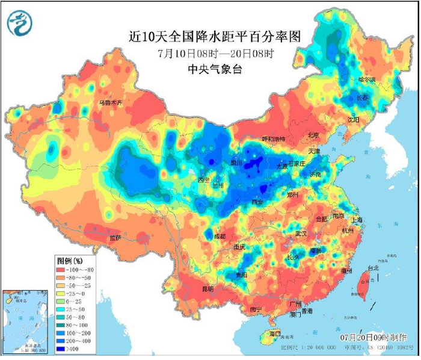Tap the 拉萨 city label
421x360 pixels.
tap(115, 238)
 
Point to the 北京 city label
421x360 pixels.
tap(313, 135)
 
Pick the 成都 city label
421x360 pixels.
tap(220, 237)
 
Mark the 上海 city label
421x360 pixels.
tap(359, 220)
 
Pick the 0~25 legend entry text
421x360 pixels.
tap(80, 301)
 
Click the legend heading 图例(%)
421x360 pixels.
tap(70, 261)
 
